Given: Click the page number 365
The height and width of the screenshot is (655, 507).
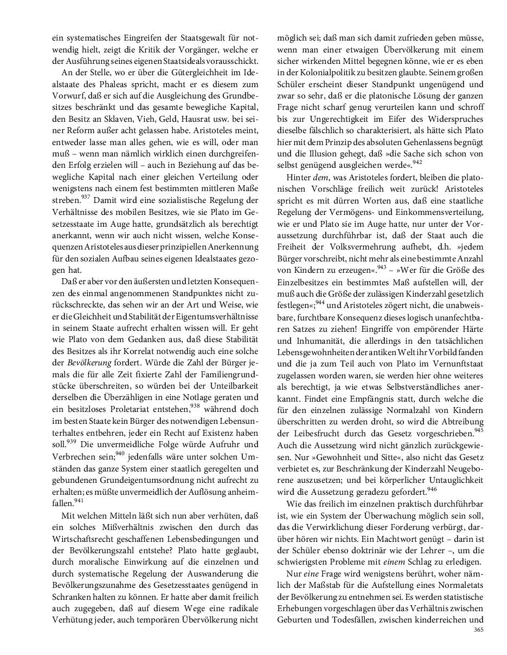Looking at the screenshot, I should pyautogui.click(x=478, y=630).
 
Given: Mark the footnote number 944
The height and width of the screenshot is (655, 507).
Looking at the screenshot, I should pyautogui.click(x=320, y=301).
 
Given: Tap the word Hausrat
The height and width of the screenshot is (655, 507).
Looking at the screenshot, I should pyautogui.click(x=211, y=119).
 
